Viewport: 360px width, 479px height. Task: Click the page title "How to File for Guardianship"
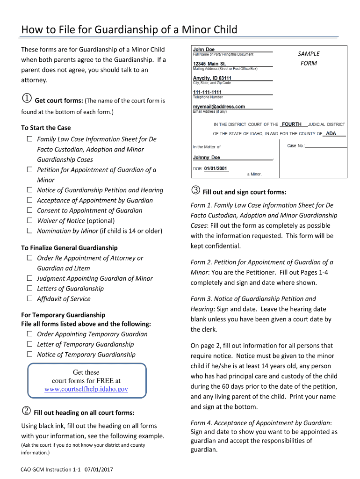click(x=129, y=30)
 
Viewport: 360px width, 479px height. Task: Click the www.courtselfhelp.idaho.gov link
click(x=86, y=389)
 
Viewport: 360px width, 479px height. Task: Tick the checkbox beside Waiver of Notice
click(x=29, y=221)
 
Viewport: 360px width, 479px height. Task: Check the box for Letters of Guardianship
click(x=29, y=289)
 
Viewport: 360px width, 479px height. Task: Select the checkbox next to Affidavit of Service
click(x=29, y=299)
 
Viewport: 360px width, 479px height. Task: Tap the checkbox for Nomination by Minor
click(x=29, y=231)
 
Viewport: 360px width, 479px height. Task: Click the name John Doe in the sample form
click(x=204, y=49)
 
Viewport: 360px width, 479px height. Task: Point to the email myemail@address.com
click(x=219, y=107)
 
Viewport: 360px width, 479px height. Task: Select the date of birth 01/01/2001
click(x=216, y=168)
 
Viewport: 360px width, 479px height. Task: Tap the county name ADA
click(x=331, y=133)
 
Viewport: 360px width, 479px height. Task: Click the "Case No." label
click(x=295, y=146)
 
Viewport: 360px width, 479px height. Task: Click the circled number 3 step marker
click(x=195, y=191)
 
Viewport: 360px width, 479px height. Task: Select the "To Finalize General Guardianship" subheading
click(x=69, y=248)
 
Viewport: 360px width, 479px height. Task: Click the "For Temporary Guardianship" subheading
click(x=63, y=315)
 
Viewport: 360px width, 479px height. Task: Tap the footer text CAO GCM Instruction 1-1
click(x=50, y=469)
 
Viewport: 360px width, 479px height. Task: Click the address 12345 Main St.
click(x=209, y=64)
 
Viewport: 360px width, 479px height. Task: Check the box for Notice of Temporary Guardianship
click(x=29, y=355)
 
